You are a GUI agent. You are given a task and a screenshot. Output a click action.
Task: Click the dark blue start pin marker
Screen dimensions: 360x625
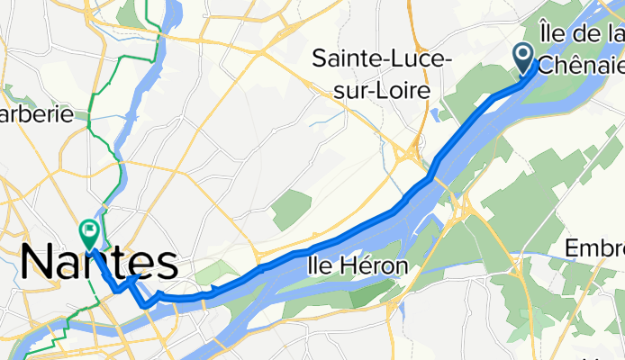524,58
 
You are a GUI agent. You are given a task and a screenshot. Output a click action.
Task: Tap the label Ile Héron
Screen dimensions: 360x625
358,266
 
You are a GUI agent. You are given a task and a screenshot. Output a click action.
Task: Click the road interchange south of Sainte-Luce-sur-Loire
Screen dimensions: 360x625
415,153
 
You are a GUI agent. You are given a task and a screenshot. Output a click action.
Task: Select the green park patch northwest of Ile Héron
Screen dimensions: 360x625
290,209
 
